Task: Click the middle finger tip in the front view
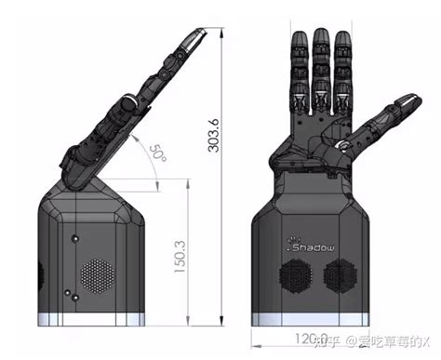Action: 321,37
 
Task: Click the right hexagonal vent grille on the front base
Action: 340,276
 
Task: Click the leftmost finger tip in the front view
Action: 300,41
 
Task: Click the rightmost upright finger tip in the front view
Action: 343,41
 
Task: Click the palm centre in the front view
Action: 316,140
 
